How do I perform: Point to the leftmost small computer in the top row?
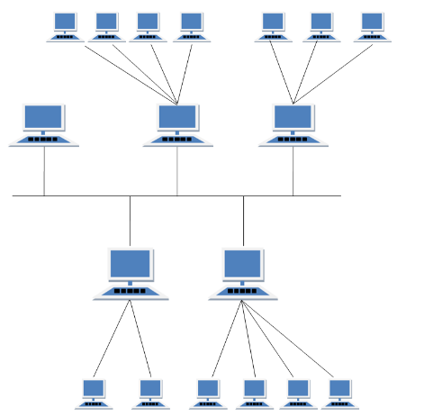click(x=65, y=25)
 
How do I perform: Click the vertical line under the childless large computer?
click(x=43, y=171)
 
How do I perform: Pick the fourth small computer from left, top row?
click(x=192, y=25)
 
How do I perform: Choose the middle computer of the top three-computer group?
click(x=321, y=25)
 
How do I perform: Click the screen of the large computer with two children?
click(x=131, y=264)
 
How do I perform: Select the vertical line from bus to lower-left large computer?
click(x=130, y=221)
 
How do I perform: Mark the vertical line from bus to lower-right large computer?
click(x=243, y=221)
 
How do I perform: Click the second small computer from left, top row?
click(x=107, y=25)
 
